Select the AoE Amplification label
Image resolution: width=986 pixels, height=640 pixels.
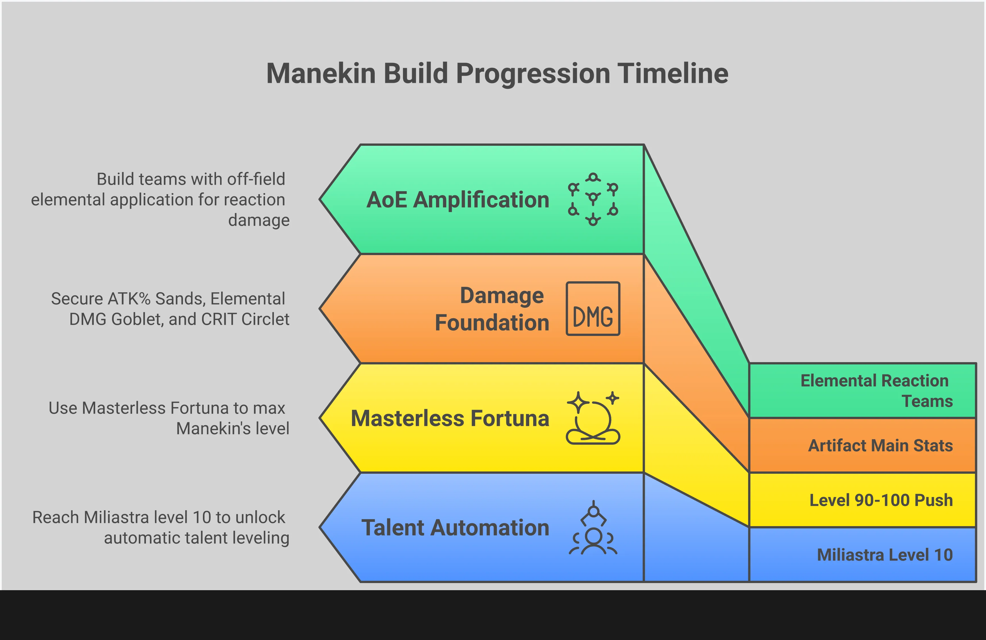tap(458, 200)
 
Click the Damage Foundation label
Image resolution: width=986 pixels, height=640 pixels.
tap(492, 309)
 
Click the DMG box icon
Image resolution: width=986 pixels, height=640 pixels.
tap(593, 309)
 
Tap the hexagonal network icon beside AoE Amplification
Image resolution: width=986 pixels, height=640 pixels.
tap(593, 199)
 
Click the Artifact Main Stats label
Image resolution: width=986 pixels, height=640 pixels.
tap(880, 446)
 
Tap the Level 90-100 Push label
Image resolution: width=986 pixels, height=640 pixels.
tap(881, 500)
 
